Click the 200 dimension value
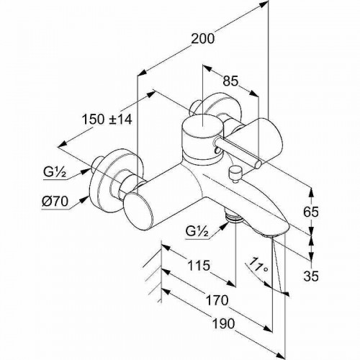(202, 39)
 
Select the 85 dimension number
(230, 81)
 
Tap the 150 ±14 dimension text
(107, 120)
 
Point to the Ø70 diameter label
(55, 202)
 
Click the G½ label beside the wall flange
(55, 171)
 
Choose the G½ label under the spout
(197, 231)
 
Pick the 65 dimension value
(311, 212)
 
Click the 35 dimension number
(311, 276)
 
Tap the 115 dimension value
(199, 266)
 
